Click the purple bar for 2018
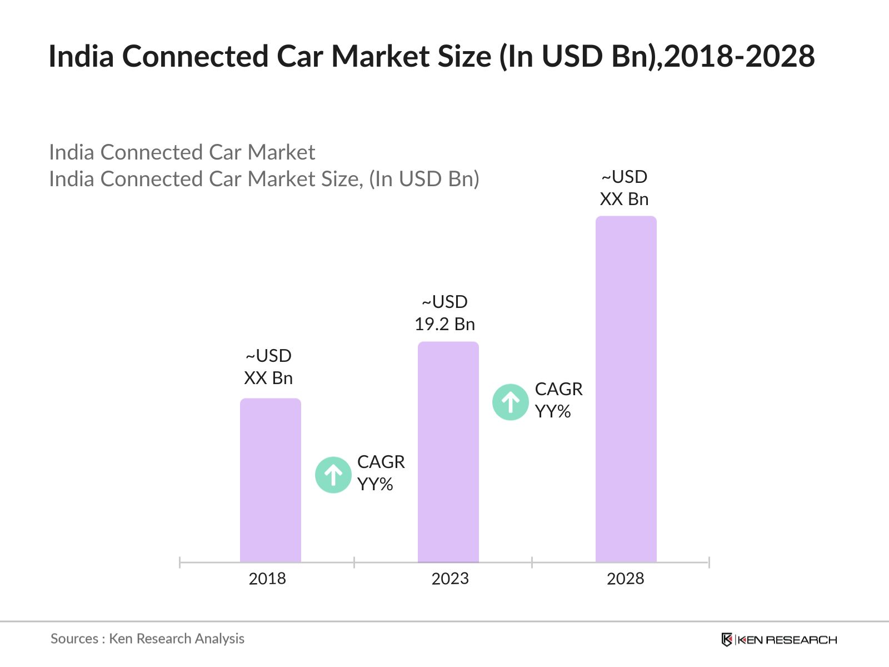(x=270, y=480)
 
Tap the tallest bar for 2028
(x=626, y=389)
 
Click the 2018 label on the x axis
(x=267, y=579)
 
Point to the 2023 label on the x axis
(x=450, y=579)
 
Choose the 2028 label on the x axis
(x=625, y=579)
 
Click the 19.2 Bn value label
(x=444, y=324)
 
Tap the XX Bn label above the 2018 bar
(x=268, y=378)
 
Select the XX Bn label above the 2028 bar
(x=624, y=199)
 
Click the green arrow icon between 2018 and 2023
(x=333, y=475)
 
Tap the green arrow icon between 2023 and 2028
(x=510, y=402)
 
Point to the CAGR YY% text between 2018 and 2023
(x=381, y=473)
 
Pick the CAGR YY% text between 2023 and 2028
(x=558, y=400)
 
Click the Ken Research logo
(x=779, y=640)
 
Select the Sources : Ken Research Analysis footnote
(x=147, y=639)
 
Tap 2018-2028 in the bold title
(x=739, y=56)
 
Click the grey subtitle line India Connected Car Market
(x=182, y=152)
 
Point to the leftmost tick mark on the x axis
(x=180, y=563)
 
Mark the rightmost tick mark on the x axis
(x=709, y=563)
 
